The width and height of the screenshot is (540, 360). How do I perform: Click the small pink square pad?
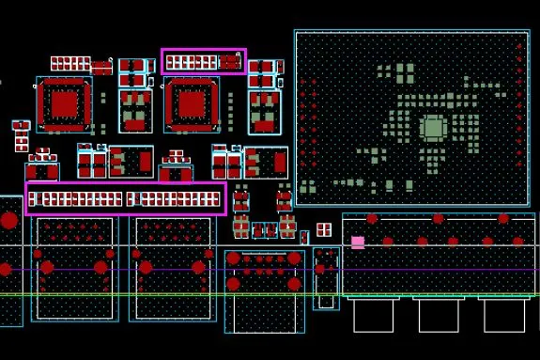point(358,242)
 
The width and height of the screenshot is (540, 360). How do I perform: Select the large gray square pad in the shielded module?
point(433,129)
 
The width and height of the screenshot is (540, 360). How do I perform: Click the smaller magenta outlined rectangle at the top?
point(204,62)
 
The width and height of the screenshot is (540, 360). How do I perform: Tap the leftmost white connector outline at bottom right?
point(373,315)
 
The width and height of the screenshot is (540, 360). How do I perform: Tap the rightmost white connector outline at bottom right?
point(503,315)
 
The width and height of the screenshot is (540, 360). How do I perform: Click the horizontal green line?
point(188,295)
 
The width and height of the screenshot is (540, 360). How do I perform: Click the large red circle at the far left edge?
point(8,221)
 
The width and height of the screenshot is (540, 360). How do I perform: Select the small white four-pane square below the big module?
point(324,229)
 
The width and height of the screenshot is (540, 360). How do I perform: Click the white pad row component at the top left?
point(70,63)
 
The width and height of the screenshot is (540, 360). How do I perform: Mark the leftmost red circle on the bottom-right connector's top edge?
point(373,219)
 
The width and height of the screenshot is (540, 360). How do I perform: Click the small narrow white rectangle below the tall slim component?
point(325,302)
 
